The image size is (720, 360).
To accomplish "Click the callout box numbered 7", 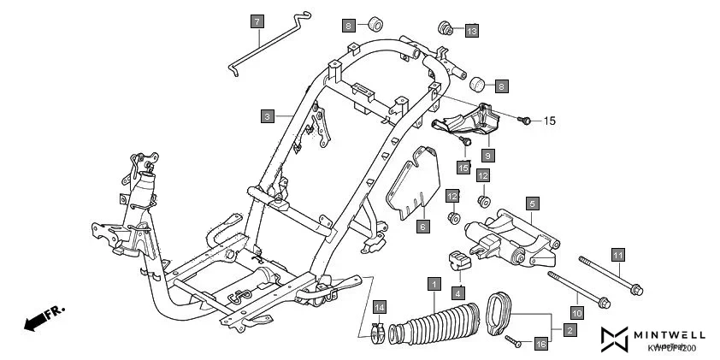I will coord(257,21).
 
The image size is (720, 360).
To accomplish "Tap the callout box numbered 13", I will coord(471,30).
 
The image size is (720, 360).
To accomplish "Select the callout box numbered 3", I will coord(267,115).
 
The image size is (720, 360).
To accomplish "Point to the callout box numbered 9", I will coord(487,156).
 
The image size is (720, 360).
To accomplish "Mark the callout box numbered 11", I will coord(617,253).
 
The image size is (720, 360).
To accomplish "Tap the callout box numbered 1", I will coord(434,283).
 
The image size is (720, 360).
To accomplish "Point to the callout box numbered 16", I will coord(540,344).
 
